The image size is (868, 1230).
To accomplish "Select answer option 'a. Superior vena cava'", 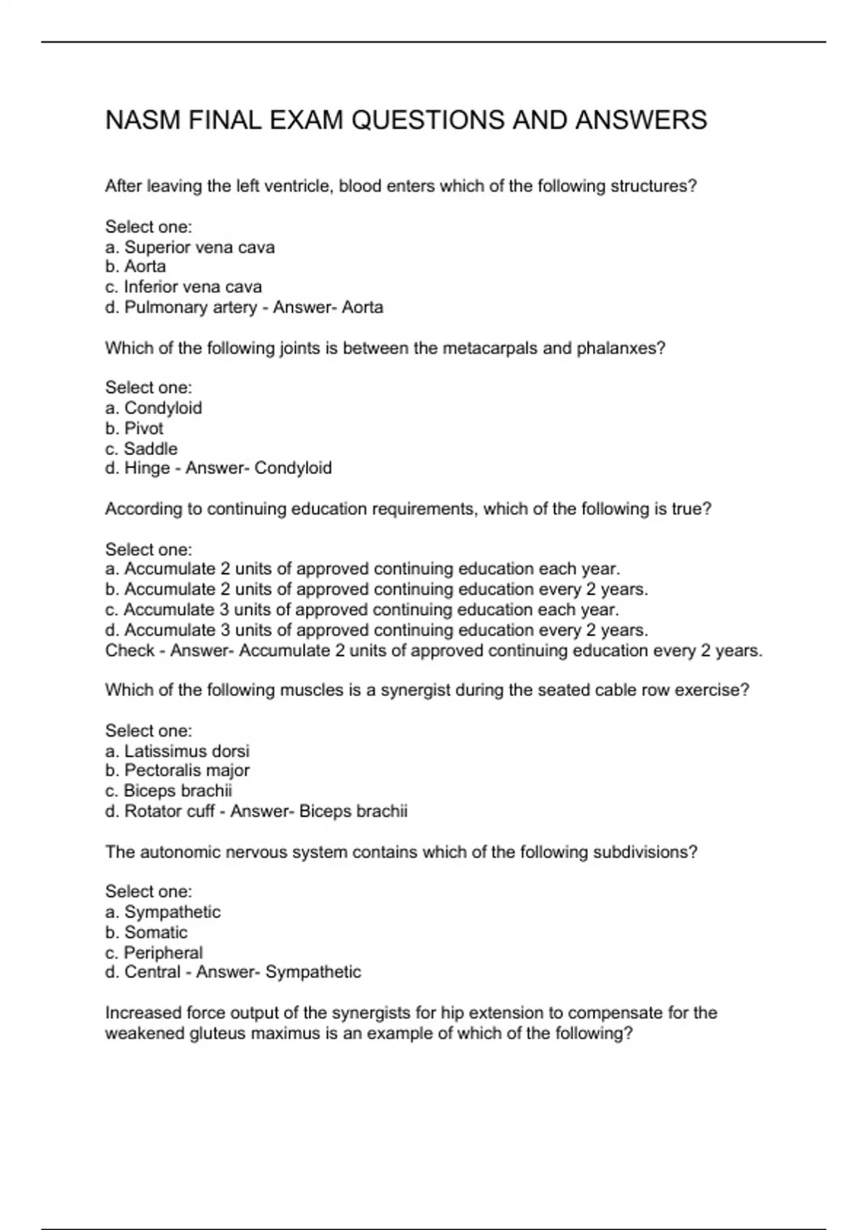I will tap(190, 247).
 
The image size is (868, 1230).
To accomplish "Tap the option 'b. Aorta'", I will tap(135, 266).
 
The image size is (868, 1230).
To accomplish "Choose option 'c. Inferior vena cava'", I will tap(183, 287).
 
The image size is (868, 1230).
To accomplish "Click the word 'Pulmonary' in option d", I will tap(160, 307).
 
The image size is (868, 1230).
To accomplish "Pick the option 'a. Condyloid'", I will tap(153, 408).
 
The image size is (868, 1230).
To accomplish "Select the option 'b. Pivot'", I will tap(134, 428).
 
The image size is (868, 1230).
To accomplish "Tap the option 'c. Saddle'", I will tap(141, 449).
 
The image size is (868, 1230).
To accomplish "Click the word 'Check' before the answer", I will tap(129, 650).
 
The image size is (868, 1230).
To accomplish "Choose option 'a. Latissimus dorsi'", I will tap(177, 751).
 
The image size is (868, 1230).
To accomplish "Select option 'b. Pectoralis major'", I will tap(177, 771).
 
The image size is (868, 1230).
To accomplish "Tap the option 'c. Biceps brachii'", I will tap(169, 791).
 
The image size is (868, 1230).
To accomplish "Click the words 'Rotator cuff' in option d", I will tap(169, 811).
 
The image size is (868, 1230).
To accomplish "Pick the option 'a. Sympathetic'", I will tap(163, 912).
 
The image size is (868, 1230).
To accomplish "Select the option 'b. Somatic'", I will tap(146, 932).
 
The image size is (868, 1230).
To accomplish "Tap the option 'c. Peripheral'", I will tap(153, 953).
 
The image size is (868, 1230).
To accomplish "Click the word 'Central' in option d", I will tap(152, 972).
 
